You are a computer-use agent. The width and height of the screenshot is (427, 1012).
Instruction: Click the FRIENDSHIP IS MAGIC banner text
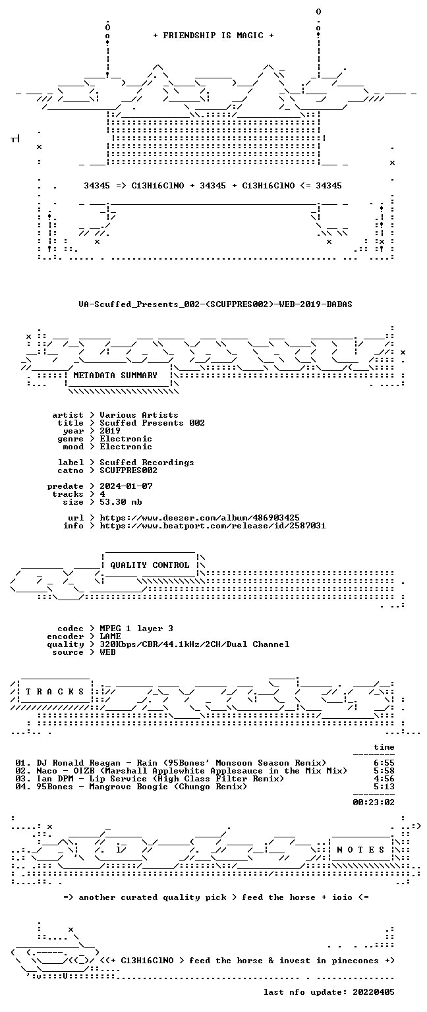[x=213, y=36]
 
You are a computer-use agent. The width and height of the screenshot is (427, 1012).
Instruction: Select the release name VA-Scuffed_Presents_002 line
[x=215, y=304]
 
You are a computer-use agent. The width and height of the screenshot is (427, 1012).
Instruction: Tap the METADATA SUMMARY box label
[x=115, y=376]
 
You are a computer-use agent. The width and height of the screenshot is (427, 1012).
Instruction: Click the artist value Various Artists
[x=139, y=415]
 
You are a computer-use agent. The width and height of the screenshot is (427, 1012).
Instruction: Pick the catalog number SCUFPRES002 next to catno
[x=128, y=470]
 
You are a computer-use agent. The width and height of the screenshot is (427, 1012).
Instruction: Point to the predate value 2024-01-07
[x=126, y=486]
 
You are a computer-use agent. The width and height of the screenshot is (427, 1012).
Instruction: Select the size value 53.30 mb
[x=121, y=502]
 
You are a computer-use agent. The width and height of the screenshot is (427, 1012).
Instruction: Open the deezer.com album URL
[x=199, y=518]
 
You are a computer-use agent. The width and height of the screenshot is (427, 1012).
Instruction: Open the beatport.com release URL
[x=212, y=526]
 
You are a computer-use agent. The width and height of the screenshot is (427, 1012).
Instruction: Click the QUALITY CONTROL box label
[x=150, y=565]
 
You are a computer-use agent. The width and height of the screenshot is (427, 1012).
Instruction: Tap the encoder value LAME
[x=110, y=636]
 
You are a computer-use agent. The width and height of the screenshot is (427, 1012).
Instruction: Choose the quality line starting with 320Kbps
[x=194, y=644]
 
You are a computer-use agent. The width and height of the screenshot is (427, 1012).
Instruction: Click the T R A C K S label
[x=55, y=692]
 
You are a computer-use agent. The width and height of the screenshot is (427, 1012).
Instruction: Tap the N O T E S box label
[x=360, y=850]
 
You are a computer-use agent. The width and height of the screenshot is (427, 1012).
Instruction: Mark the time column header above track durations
[x=384, y=747]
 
